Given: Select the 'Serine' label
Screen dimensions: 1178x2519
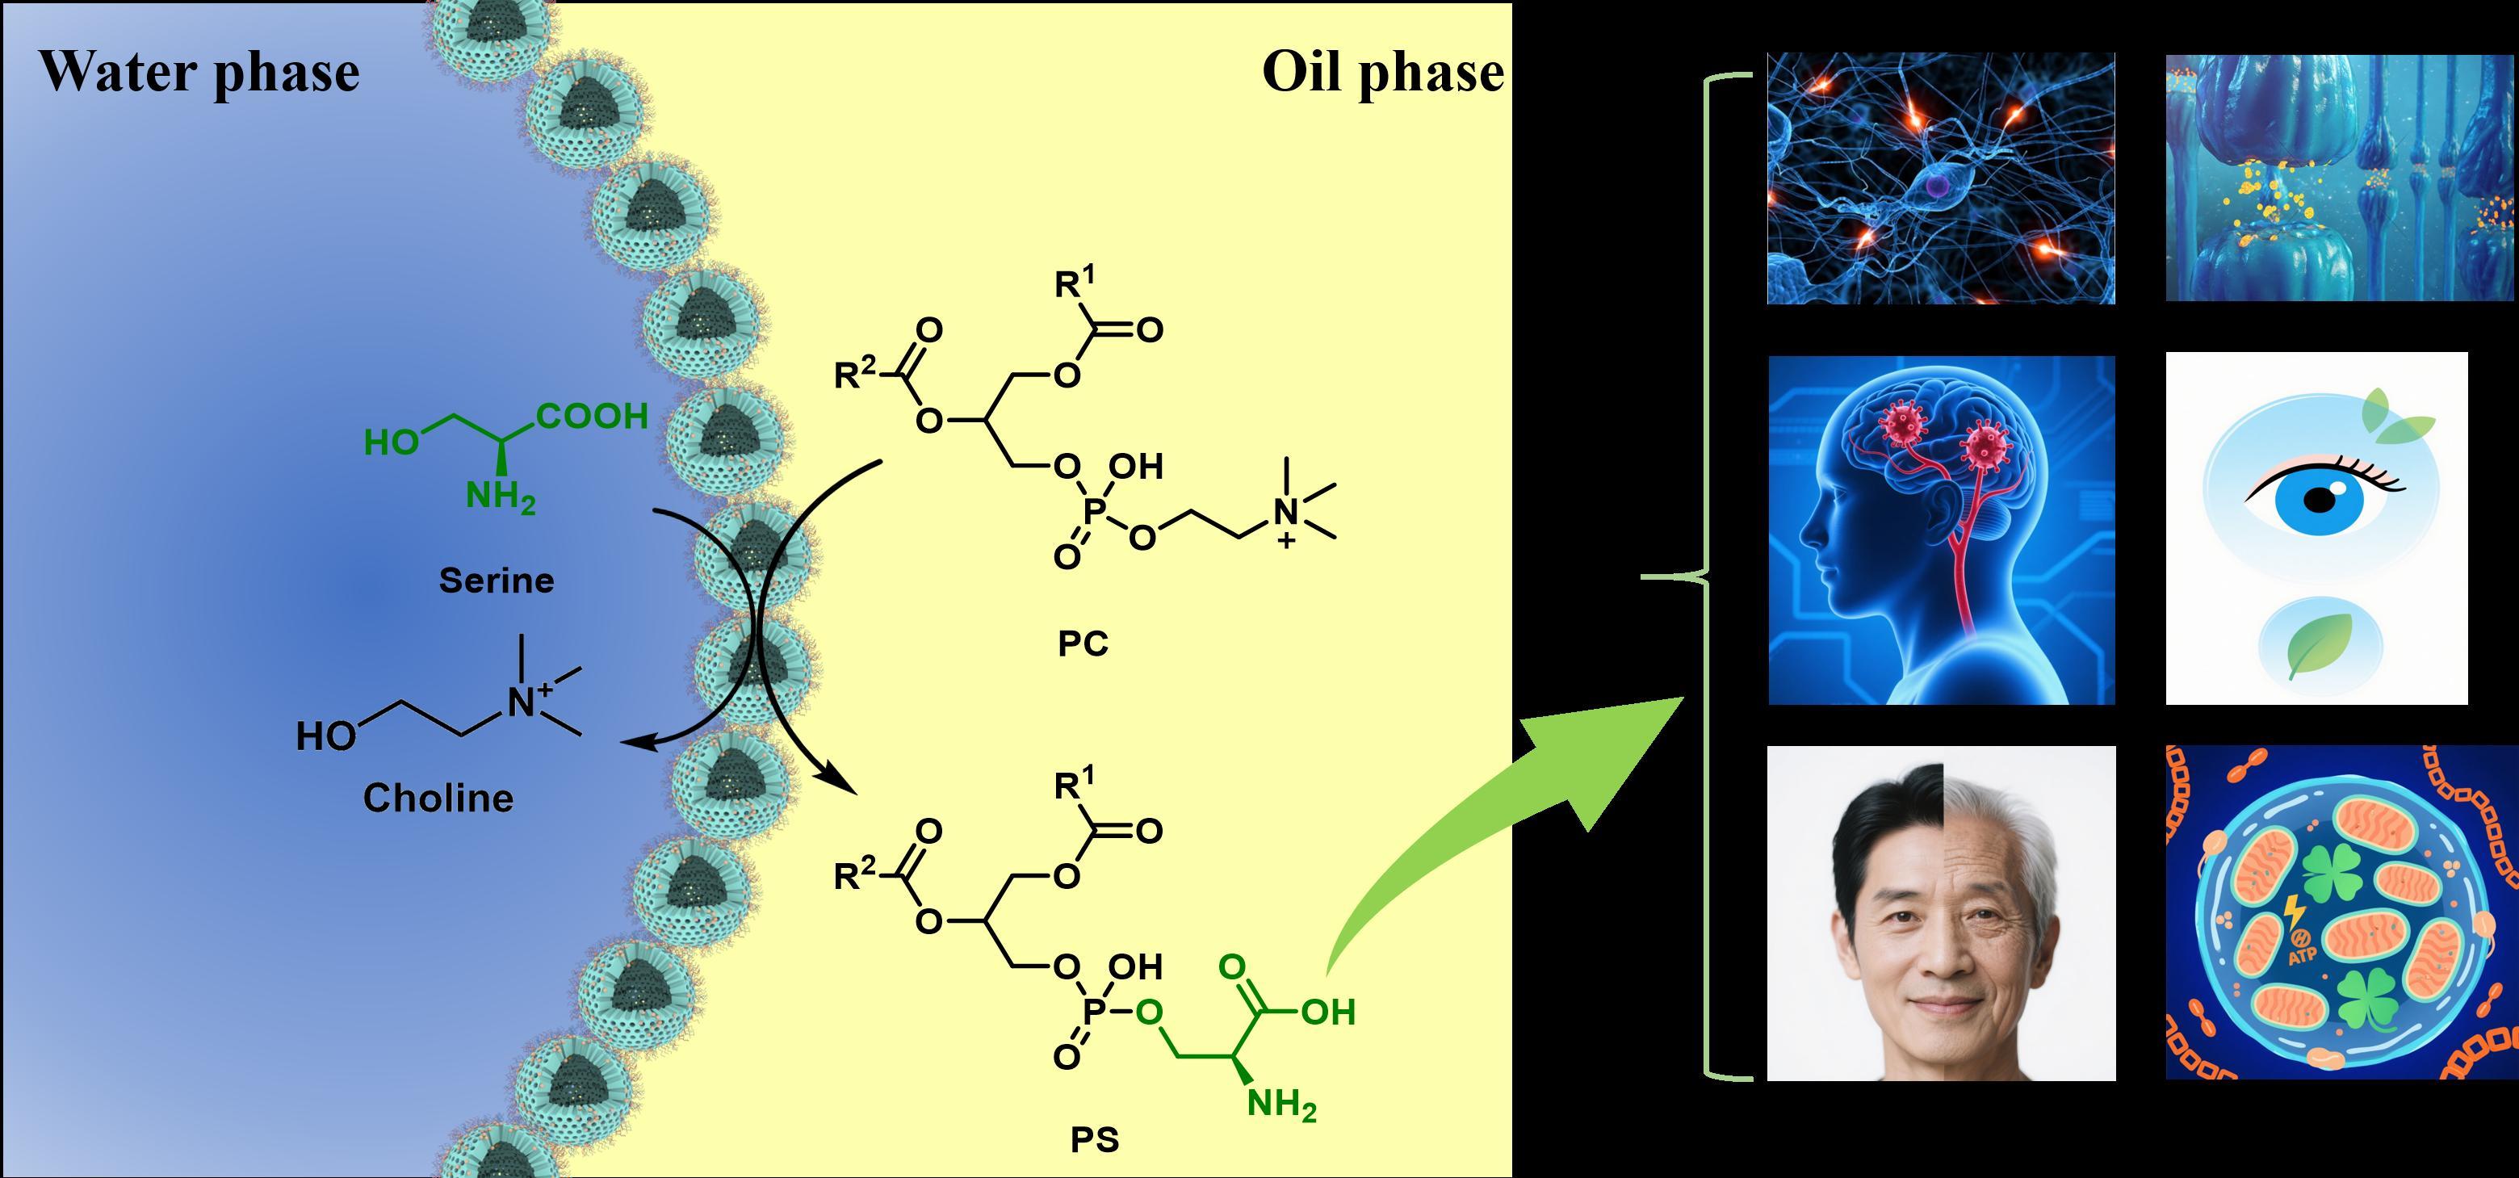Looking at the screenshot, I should (496, 581).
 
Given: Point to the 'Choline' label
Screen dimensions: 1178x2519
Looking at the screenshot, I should (438, 799).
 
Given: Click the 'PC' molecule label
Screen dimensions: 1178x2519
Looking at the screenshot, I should (1083, 644).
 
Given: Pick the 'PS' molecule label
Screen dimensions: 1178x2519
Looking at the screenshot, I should (1094, 1140).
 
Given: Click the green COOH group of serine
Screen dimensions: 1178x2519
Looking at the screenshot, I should (593, 417).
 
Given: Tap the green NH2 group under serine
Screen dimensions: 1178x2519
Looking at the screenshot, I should (500, 497).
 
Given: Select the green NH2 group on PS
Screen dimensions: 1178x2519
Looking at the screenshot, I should (1281, 1105).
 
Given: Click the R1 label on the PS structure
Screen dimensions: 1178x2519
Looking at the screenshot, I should (1074, 783).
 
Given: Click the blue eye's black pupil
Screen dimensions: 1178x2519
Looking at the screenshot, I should (2319, 500).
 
